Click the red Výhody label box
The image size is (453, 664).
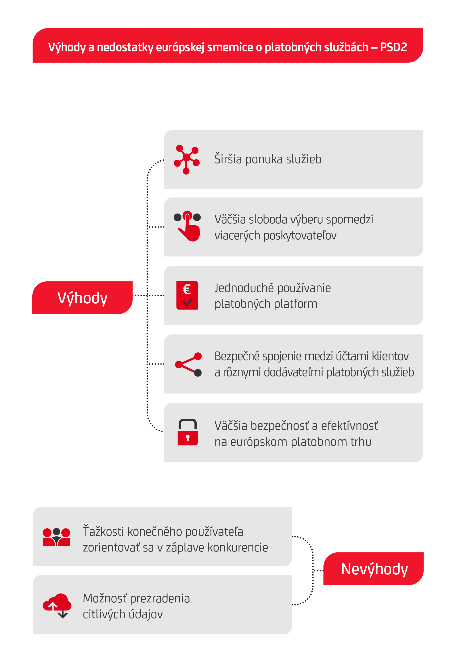click(82, 298)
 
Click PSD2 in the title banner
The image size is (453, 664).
click(393, 47)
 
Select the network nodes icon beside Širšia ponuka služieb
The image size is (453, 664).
click(186, 159)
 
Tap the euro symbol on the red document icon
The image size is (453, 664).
click(187, 289)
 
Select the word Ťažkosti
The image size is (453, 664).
click(103, 531)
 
